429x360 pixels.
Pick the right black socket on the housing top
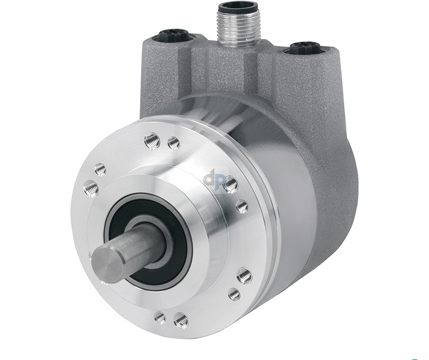click(x=304, y=48)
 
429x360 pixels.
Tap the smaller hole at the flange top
click(x=174, y=144)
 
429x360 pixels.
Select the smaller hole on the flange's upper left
click(x=101, y=169)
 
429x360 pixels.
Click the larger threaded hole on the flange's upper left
click(x=91, y=188)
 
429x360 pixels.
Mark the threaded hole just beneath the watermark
click(x=230, y=184)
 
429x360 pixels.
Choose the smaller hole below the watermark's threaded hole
click(x=242, y=206)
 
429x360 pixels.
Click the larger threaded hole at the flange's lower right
click(x=244, y=275)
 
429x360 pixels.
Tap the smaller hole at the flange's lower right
click(x=235, y=294)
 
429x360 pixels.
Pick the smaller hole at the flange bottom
click(x=160, y=318)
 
